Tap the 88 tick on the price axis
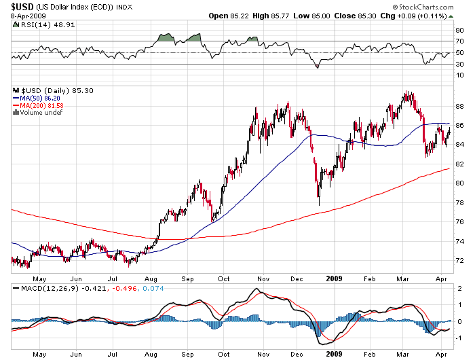(x=459, y=107)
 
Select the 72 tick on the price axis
(x=459, y=261)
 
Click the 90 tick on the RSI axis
(x=459, y=30)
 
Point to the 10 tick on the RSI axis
(x=459, y=76)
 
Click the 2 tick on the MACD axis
(x=459, y=288)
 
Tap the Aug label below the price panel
(x=153, y=278)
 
